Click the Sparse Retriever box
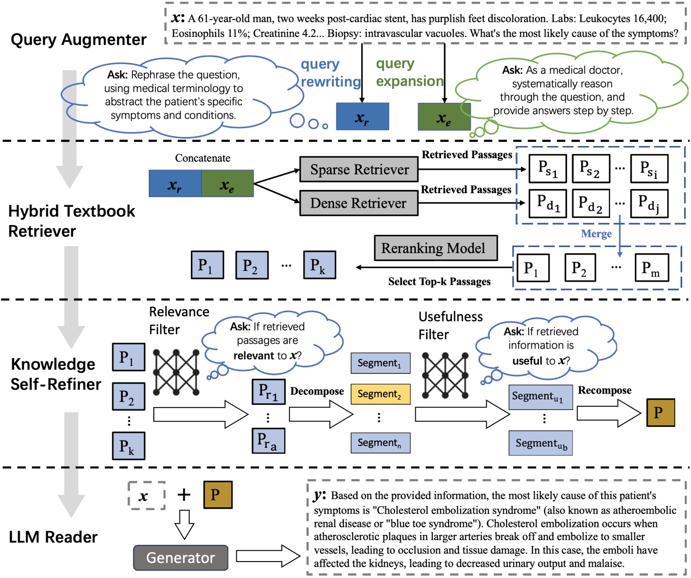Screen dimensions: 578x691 point(359,169)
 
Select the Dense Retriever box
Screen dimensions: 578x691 point(359,203)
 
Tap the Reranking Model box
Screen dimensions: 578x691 point(435,248)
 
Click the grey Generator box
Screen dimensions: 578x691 point(181,557)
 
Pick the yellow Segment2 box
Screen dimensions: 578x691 point(380,394)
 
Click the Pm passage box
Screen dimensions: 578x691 point(651,268)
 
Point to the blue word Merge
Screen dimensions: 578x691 point(596,234)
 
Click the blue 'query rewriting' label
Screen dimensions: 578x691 point(330,73)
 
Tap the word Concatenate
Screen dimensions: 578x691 point(203,158)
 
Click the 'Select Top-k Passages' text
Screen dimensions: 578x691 point(439,282)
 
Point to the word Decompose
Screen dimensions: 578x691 point(317,391)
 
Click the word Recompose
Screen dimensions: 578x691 point(604,390)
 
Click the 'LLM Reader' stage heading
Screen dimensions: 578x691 point(53,537)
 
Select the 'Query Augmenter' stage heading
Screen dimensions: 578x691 point(78,39)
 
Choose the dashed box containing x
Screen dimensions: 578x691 point(146,496)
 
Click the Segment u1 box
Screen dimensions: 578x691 point(540,397)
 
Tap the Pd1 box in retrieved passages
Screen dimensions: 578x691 point(547,203)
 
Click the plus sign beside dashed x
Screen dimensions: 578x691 point(184,495)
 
